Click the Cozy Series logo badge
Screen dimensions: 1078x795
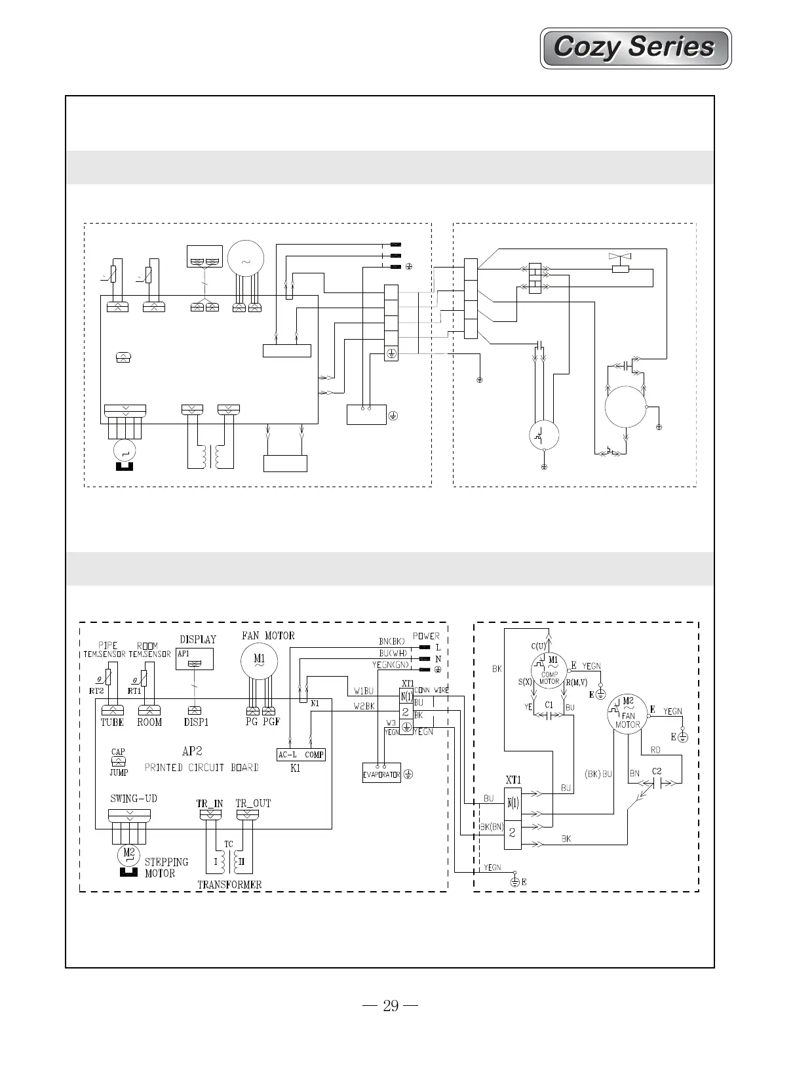click(634, 48)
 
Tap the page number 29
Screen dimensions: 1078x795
click(391, 1005)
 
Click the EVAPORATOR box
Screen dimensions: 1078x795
click(381, 774)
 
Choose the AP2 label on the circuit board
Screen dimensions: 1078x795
click(191, 751)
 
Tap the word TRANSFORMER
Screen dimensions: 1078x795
click(229, 885)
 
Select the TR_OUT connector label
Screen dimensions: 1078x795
click(252, 803)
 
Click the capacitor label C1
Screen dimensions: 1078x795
click(549, 705)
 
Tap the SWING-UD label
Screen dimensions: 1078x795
click(134, 799)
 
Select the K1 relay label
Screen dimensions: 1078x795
click(295, 769)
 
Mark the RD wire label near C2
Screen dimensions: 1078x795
click(655, 749)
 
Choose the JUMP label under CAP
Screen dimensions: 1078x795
click(119, 772)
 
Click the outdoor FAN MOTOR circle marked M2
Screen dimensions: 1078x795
click(627, 713)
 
